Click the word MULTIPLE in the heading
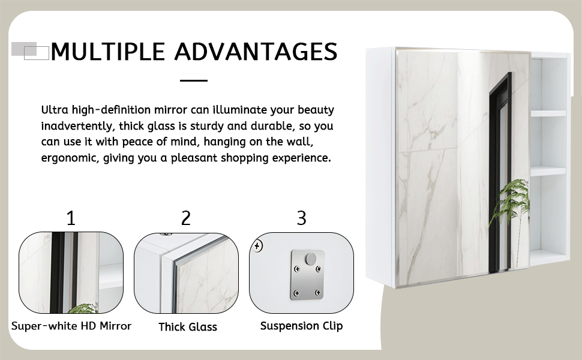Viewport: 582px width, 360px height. (107, 52)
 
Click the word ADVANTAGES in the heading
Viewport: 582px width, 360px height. (254, 52)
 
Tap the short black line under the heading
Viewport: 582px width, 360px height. (193, 80)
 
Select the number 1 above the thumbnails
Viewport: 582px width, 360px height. (71, 218)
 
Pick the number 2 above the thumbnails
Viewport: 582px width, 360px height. (186, 218)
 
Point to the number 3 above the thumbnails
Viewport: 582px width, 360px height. (301, 218)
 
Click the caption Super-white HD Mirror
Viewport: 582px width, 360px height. (71, 326)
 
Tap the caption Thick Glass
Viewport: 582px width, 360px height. (188, 327)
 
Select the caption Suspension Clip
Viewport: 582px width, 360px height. (301, 326)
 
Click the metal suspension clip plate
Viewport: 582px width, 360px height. (307, 276)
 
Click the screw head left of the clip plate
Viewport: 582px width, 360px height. (257, 245)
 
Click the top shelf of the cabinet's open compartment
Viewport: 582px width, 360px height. (548, 113)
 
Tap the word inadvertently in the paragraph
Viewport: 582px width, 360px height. (77, 126)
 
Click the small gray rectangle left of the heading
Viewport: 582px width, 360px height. (24, 49)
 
